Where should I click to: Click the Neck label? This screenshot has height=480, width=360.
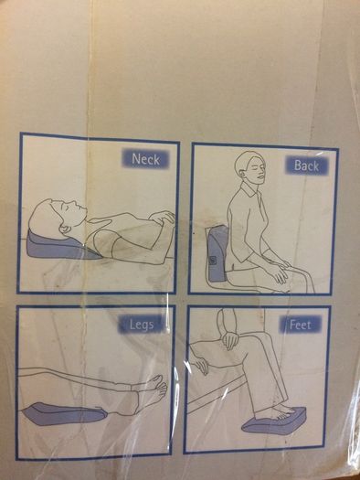145,159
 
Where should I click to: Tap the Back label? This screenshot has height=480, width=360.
306,165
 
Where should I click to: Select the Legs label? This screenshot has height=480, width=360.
142,325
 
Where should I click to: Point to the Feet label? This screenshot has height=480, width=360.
300,325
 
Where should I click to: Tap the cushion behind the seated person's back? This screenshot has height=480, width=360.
217,253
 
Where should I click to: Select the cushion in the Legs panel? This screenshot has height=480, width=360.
64,414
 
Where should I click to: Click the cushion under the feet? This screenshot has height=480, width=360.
274,421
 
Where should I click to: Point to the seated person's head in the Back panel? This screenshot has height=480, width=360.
250,166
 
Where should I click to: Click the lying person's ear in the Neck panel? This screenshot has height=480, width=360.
65,229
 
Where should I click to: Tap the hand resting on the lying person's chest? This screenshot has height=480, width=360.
162,217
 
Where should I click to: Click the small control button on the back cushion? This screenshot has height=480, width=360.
213,261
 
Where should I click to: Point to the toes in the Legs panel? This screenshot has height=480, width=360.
162,383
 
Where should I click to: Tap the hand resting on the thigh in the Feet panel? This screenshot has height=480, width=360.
230,340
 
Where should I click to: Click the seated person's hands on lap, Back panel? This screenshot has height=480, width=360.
278,271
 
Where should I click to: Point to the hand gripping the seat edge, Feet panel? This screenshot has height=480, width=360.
201,363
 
